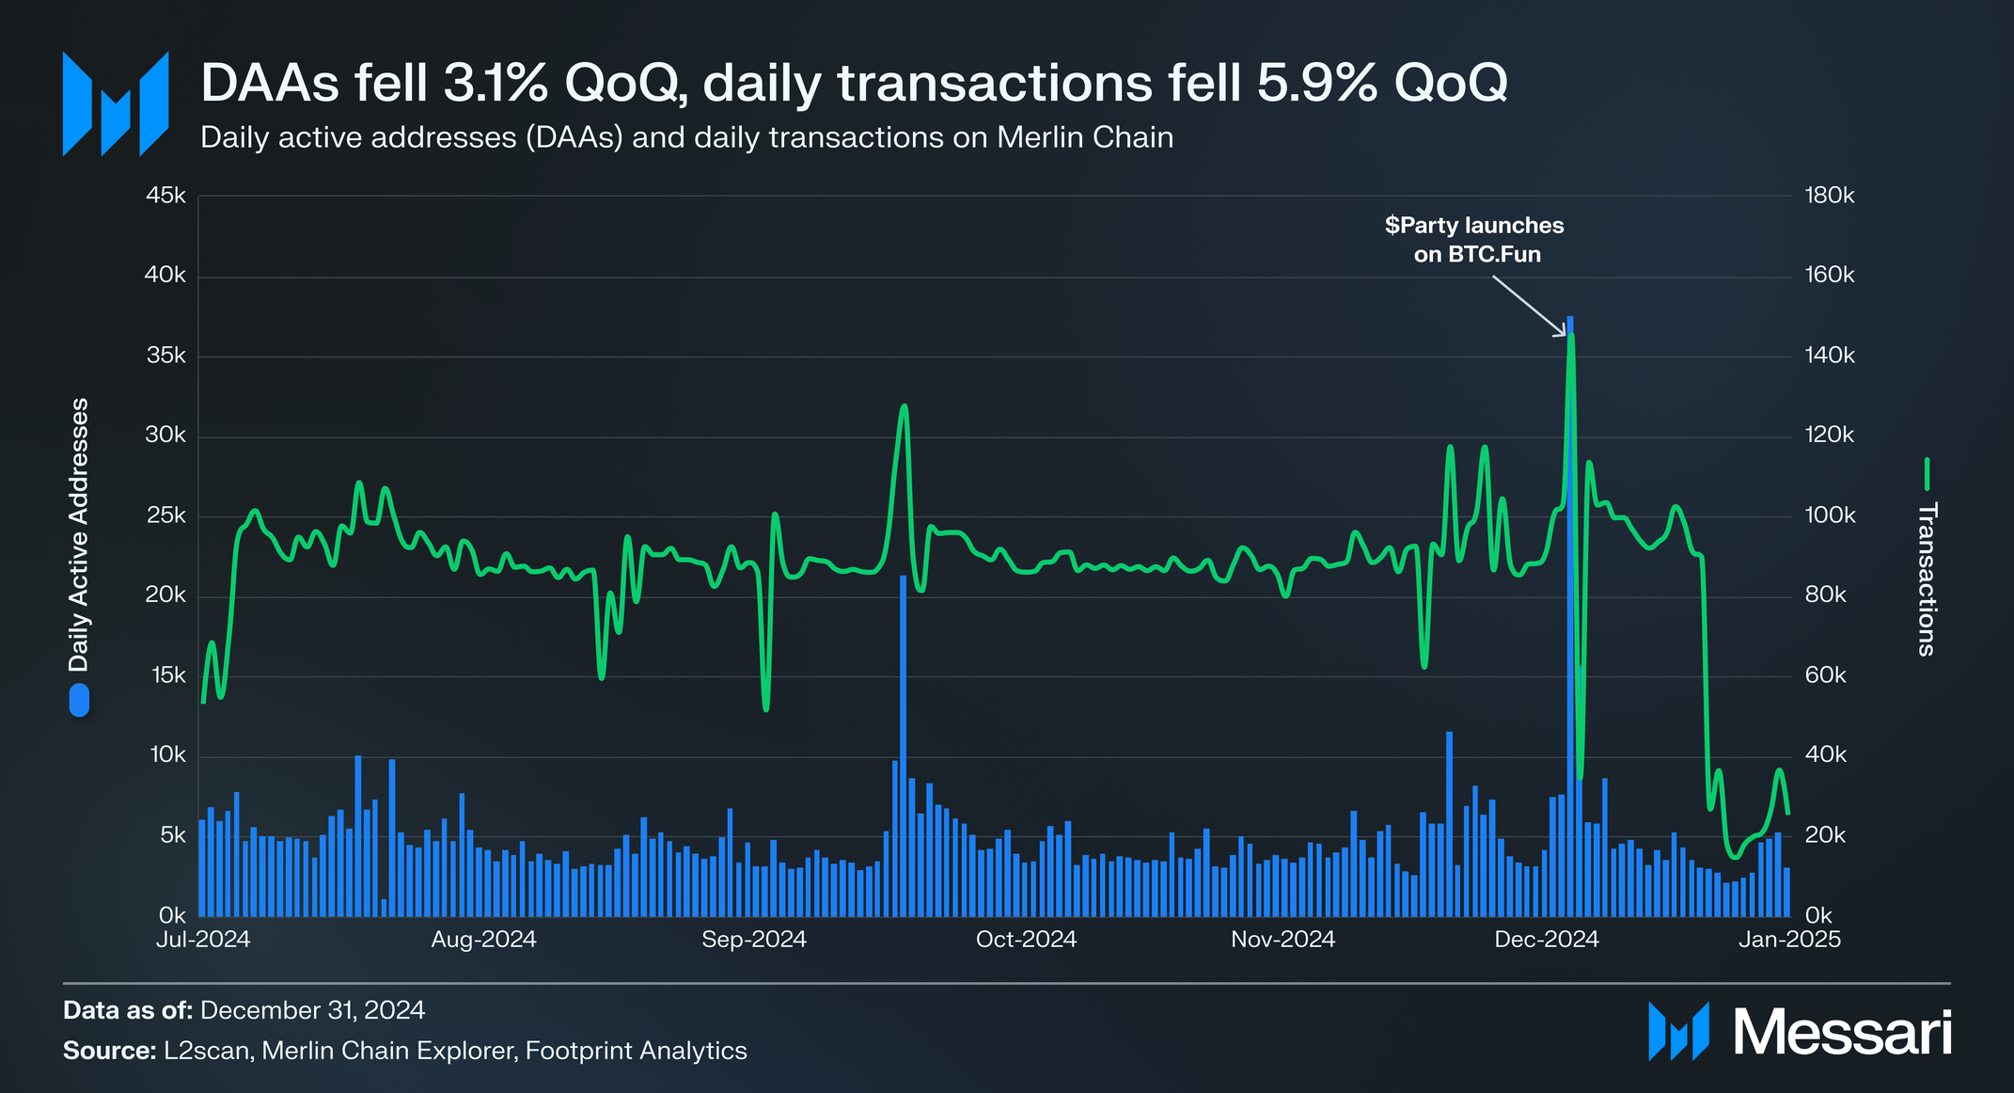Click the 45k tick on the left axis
pyautogui.click(x=165, y=196)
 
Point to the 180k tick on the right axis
pyautogui.click(x=1830, y=196)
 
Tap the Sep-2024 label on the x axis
pyautogui.click(x=754, y=940)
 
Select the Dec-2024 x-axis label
pyautogui.click(x=1547, y=940)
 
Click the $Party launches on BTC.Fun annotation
pyautogui.click(x=1475, y=240)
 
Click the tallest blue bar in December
pyautogui.click(x=1570, y=616)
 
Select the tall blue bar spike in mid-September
pyautogui.click(x=903, y=746)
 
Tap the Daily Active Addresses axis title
pyautogui.click(x=79, y=534)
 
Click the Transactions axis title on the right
pyautogui.click(x=1927, y=579)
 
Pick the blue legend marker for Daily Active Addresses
pyautogui.click(x=79, y=701)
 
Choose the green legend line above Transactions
pyautogui.click(x=1927, y=474)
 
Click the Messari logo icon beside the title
pyautogui.click(x=116, y=103)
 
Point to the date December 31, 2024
pyautogui.click(x=313, y=1010)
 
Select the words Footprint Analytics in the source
pyautogui.click(x=637, y=1051)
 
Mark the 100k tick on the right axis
pyautogui.click(x=1830, y=515)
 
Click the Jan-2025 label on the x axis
pyautogui.click(x=1789, y=940)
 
